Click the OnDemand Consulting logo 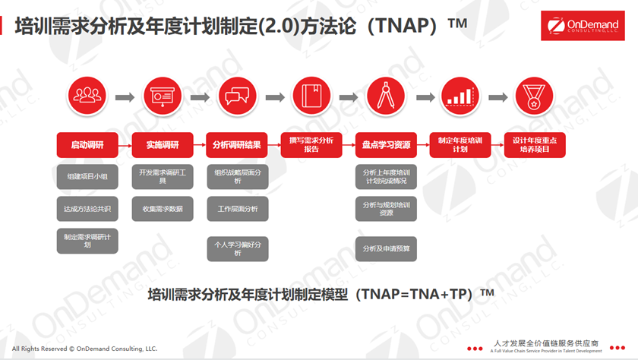tap(583, 26)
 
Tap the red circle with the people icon tap(87, 96)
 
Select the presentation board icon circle tap(163, 96)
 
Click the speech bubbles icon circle tap(237, 96)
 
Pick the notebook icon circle tap(311, 96)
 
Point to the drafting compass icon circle tap(386, 96)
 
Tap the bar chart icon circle tap(460, 96)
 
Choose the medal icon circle tap(534, 96)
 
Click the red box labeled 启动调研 tap(87, 145)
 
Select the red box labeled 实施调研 tap(163, 145)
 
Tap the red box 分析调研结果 tap(237, 145)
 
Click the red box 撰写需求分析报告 tap(311, 145)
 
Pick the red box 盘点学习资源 tap(386, 145)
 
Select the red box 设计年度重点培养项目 tap(535, 145)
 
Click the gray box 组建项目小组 tap(87, 176)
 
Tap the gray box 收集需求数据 tap(163, 209)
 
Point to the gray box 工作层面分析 tap(238, 209)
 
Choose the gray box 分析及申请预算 tap(386, 248)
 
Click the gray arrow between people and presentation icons tap(125, 97)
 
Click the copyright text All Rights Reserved tap(84, 349)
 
